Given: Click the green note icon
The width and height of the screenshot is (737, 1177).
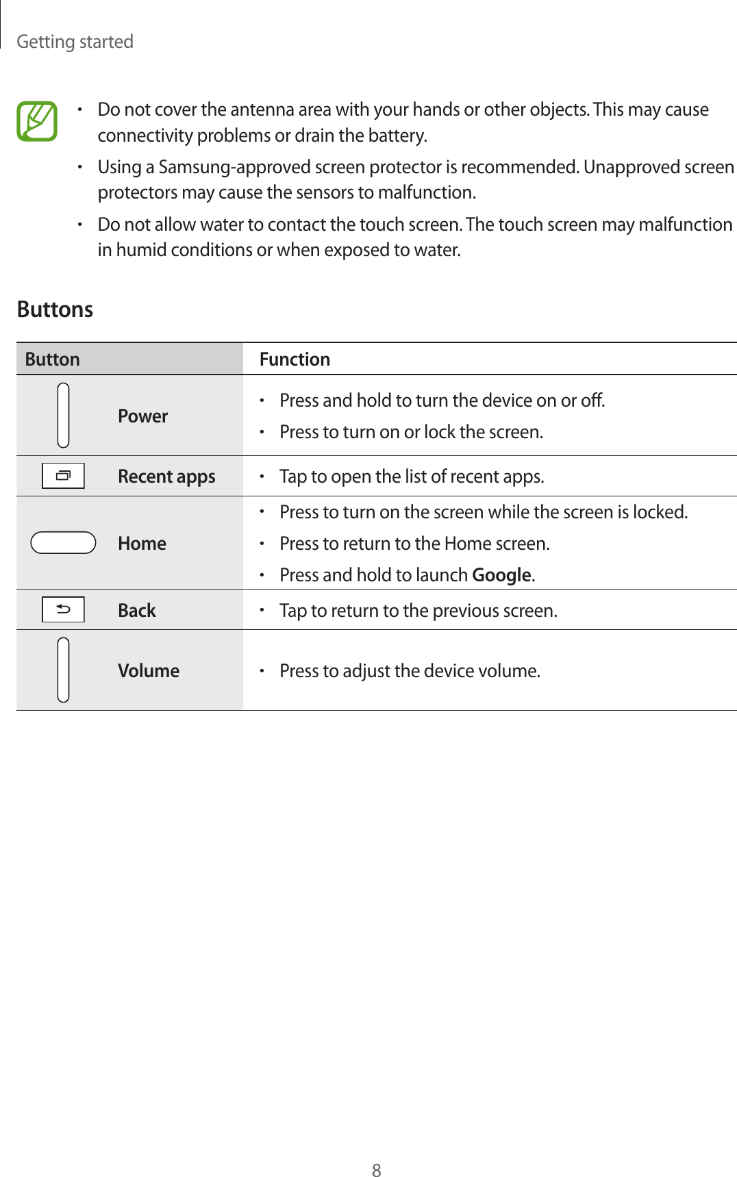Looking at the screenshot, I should click(x=37, y=121).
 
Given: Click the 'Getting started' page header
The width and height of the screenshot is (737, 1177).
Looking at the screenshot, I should click(x=75, y=42).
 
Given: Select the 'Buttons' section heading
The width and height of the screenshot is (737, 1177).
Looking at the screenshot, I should click(x=55, y=309).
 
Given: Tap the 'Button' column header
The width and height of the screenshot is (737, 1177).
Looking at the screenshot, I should click(x=53, y=359).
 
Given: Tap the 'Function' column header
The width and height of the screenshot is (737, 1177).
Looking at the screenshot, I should click(x=295, y=359).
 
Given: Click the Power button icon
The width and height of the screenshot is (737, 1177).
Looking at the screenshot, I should click(x=63, y=415).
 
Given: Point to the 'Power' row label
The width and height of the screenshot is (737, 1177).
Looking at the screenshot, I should click(x=142, y=416).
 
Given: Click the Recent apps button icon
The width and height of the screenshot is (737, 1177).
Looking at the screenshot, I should click(x=63, y=476).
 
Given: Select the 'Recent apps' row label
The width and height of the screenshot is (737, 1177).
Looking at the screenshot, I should click(x=166, y=477).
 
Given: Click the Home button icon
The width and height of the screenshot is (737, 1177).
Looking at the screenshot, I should click(x=63, y=542).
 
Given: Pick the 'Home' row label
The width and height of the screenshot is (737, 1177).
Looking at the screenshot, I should click(x=142, y=544).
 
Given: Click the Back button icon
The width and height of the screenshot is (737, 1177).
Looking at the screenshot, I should click(x=63, y=609).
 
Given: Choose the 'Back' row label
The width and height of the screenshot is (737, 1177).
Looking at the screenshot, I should click(x=137, y=611).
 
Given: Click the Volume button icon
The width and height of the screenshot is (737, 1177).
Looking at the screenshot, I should click(x=63, y=670).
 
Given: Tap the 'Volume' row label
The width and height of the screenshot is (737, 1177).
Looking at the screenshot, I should click(x=149, y=671).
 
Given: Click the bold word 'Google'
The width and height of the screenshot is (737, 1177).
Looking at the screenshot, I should click(x=502, y=575).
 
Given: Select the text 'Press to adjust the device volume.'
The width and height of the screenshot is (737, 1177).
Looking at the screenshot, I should click(x=410, y=671).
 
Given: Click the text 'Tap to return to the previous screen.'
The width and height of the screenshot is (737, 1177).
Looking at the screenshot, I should click(x=418, y=611).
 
